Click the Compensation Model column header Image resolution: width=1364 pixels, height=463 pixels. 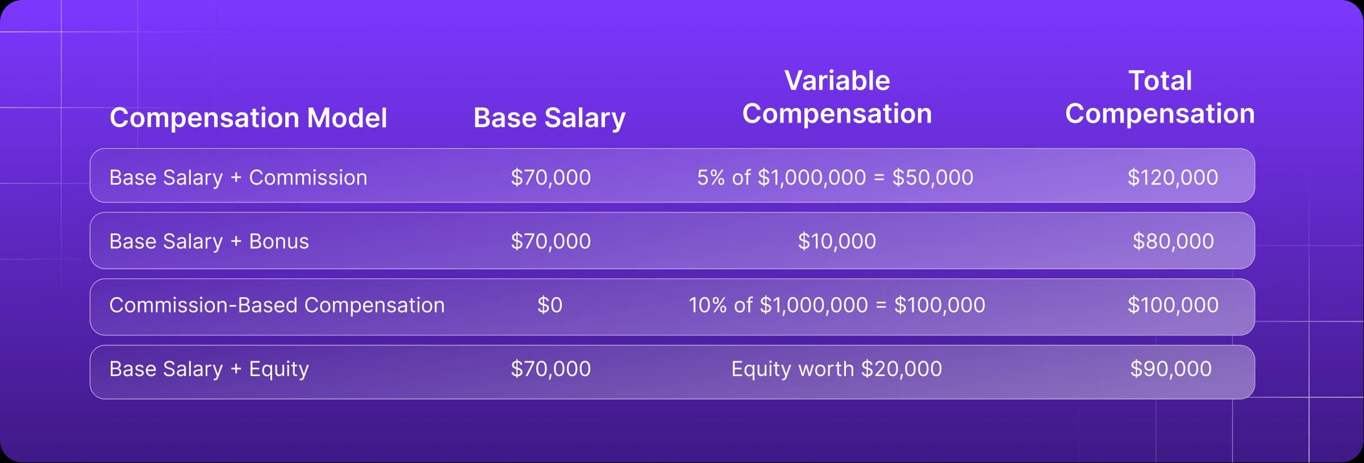[248, 118]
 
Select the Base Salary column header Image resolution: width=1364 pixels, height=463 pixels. [549, 119]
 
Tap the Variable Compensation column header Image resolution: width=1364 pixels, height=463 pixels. [837, 97]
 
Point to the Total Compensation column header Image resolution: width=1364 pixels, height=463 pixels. [1160, 97]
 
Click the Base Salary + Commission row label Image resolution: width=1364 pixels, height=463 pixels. [238, 178]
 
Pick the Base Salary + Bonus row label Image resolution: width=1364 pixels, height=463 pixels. [209, 241]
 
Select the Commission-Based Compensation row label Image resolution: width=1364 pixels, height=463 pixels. [277, 306]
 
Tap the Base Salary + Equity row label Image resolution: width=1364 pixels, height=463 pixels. [209, 369]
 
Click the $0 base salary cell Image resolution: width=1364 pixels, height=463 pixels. [550, 306]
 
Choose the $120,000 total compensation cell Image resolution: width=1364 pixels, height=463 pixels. [1173, 178]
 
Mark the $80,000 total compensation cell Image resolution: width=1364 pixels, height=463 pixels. [1173, 241]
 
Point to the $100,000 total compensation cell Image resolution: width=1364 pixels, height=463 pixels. [1173, 306]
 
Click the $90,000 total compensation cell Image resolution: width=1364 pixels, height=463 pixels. [1171, 369]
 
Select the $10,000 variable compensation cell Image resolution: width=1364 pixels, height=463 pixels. [837, 241]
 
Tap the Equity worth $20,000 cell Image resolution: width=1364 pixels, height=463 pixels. [836, 369]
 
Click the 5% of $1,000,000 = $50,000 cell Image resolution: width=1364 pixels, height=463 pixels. [835, 178]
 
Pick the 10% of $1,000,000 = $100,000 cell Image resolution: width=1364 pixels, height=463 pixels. [837, 306]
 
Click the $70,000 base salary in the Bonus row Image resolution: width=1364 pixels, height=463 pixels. [550, 241]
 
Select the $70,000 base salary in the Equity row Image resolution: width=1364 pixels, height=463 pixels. [550, 369]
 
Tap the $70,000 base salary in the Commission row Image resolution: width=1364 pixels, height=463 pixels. [550, 178]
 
